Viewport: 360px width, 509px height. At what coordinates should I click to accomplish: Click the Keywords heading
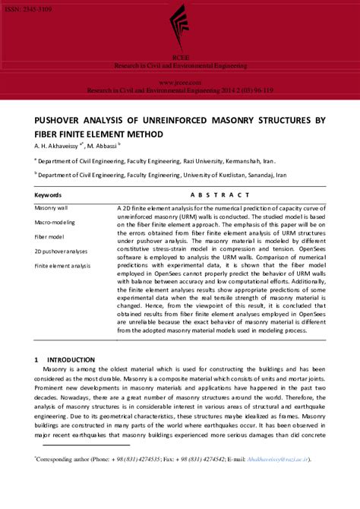49,195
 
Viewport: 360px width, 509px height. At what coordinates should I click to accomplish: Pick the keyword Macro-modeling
55,222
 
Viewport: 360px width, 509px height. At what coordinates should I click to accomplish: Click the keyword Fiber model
49,236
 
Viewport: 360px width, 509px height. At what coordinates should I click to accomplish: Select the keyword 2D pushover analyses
62,251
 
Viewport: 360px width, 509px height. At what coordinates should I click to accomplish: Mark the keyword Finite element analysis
62,265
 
